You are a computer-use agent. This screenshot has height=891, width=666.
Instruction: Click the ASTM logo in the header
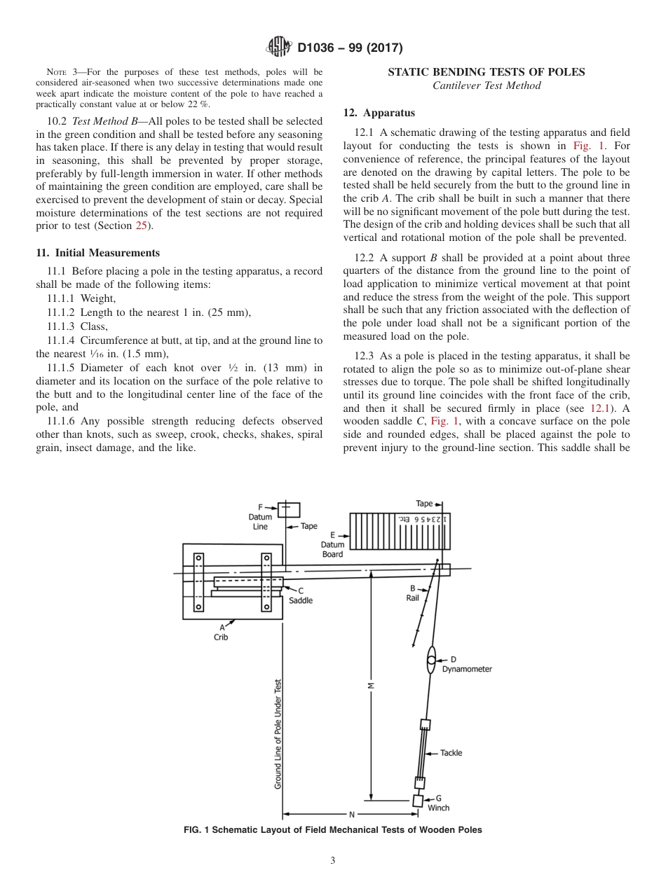pos(280,48)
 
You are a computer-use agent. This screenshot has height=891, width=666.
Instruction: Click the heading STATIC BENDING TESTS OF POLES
pos(487,72)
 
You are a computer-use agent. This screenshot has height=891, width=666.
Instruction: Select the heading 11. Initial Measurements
pos(97,253)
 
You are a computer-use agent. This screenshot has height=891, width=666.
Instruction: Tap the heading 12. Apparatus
pos(379,113)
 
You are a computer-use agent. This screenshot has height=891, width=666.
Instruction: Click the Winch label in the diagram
pos(438,808)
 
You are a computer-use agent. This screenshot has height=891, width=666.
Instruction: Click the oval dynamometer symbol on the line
pos(432,660)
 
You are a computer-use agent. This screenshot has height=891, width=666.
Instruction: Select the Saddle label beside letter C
pos(301,600)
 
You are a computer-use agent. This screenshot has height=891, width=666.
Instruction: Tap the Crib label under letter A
pos(221,637)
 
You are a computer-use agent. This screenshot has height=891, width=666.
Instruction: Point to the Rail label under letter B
pos(412,598)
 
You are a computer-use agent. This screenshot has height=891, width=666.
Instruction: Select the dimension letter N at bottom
pos(352,815)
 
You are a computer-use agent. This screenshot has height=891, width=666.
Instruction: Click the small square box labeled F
pos(288,510)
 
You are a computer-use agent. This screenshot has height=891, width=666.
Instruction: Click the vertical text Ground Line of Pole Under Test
pos(278,734)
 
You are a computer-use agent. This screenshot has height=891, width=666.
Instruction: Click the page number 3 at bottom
pos(332,861)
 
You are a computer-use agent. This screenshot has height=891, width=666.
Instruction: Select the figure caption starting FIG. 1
pos(332,830)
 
